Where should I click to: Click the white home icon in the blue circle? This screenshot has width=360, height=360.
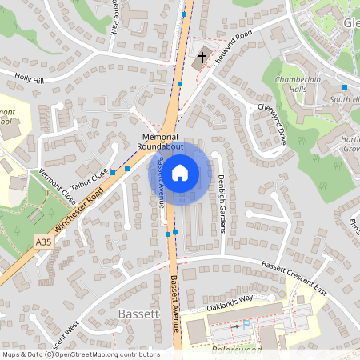pyautogui.click(x=180, y=171)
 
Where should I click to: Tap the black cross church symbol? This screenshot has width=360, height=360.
pyautogui.click(x=202, y=58)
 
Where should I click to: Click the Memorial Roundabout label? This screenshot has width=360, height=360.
pyautogui.click(x=160, y=142)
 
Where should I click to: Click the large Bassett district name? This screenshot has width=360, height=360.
pyautogui.click(x=139, y=314)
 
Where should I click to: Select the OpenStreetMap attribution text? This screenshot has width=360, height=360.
pyautogui.click(x=81, y=354)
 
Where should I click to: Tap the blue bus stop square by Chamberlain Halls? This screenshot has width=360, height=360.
pyautogui.click(x=345, y=86)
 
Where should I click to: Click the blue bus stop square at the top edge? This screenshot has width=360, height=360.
pyautogui.click(x=185, y=14)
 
